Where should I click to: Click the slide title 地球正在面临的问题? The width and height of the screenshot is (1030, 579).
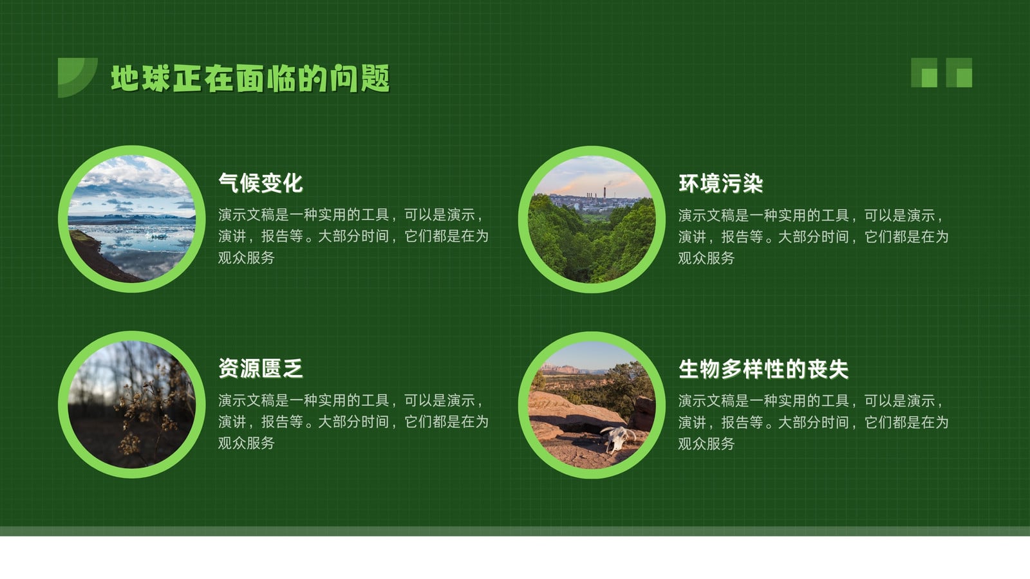250,78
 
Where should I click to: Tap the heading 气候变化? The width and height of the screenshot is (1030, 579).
260,183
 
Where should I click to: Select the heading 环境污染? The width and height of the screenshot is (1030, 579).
720,183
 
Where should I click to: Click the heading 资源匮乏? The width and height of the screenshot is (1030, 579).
260,369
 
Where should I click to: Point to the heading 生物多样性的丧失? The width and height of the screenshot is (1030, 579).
763,369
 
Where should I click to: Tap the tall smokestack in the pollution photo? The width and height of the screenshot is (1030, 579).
604,193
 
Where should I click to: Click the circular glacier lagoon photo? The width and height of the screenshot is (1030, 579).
132,219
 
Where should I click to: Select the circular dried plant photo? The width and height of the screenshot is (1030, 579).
132,405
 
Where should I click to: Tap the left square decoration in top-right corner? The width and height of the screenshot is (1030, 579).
924,73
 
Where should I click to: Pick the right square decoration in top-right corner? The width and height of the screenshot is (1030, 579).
959,73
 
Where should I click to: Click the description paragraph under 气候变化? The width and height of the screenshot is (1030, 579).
353,236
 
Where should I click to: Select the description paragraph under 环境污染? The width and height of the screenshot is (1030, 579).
813,237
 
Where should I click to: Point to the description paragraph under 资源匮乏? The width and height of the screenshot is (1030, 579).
353,422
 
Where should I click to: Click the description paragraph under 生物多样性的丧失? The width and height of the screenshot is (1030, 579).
813,422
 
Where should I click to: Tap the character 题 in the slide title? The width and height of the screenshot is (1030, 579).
375,78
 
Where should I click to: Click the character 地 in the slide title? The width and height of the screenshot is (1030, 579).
125,78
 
